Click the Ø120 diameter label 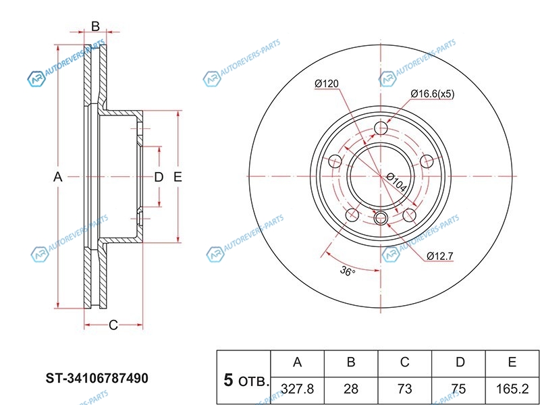[327, 84]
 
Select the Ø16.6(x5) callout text [432, 94]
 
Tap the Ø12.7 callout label [440, 256]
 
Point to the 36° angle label [348, 271]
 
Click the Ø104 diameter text [396, 182]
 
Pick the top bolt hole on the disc [381, 128]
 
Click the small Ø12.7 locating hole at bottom [381, 217]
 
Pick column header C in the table [404, 362]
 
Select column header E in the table [512, 362]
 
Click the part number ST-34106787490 [97, 379]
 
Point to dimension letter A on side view [58, 177]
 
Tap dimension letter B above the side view [95, 26]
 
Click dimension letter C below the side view [113, 325]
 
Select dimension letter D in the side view [159, 177]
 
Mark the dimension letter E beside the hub [178, 177]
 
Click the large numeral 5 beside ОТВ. [228, 381]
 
